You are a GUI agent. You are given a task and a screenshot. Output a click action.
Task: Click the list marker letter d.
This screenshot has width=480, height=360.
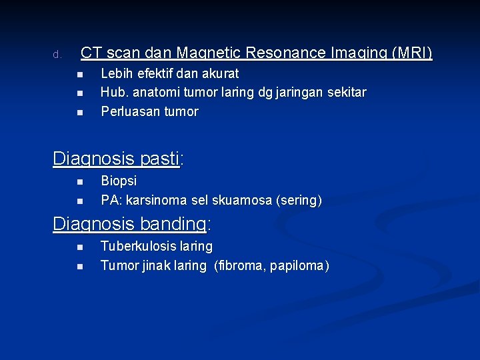(x=57, y=54)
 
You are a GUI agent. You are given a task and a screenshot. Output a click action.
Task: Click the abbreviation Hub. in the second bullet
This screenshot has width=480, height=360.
(x=113, y=92)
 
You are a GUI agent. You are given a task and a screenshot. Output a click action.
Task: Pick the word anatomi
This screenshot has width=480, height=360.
(x=153, y=92)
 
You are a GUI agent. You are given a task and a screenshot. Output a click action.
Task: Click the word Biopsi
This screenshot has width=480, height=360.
(x=119, y=181)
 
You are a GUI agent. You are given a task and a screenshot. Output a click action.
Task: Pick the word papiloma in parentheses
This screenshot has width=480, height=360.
(x=299, y=265)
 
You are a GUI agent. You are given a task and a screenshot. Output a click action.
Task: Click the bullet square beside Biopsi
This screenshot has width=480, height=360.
(x=79, y=181)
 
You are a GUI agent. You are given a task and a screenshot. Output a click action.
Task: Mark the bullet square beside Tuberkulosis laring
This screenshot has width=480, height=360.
(x=79, y=247)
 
